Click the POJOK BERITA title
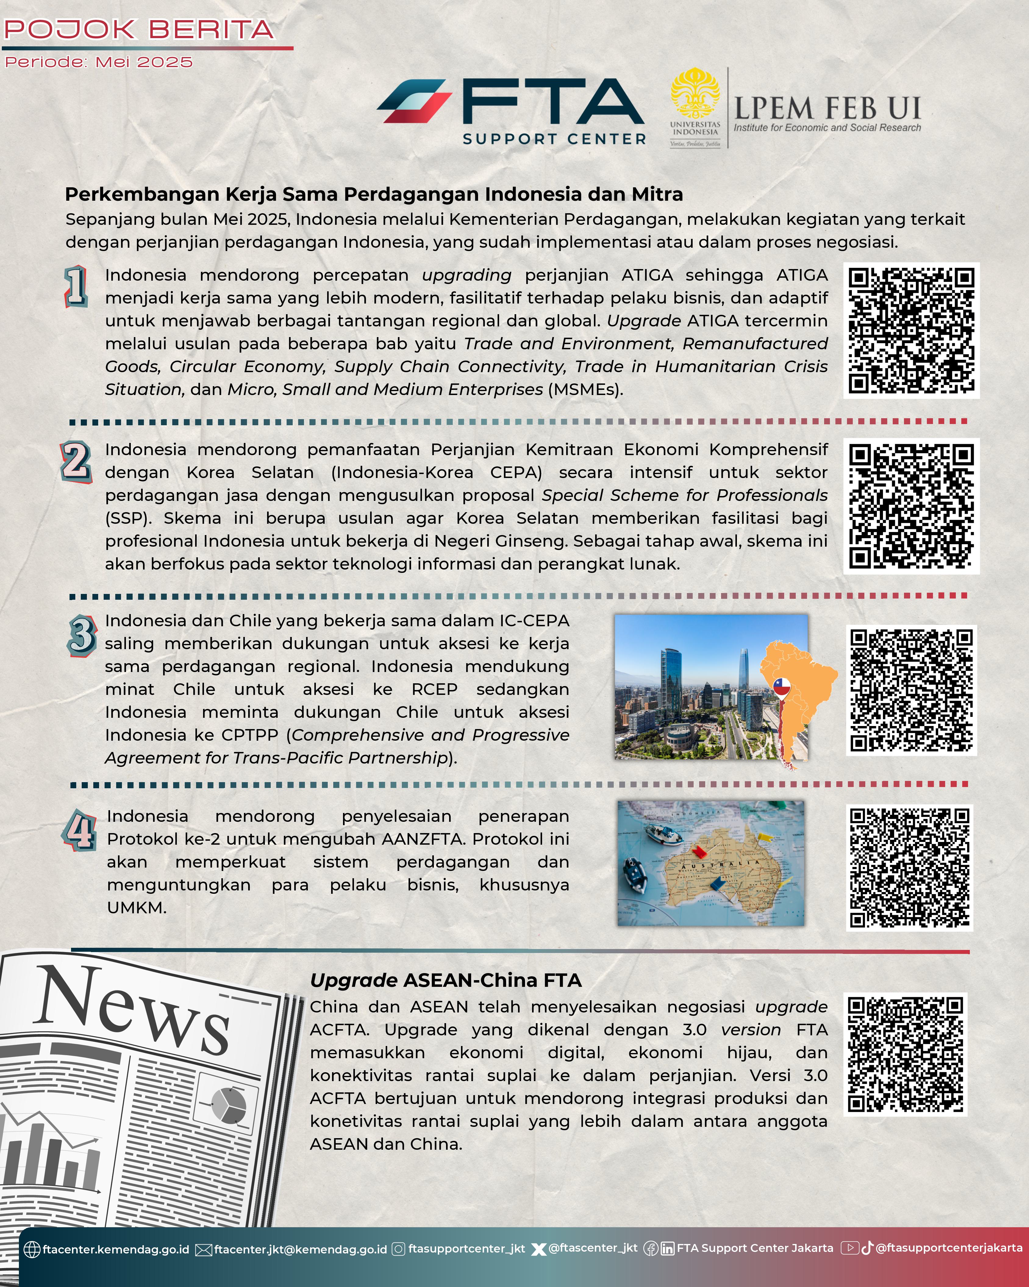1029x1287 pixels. [x=138, y=29]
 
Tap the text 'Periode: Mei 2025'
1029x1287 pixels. [x=98, y=62]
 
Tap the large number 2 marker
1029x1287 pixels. [x=76, y=462]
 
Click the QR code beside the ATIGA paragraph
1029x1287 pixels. [x=911, y=330]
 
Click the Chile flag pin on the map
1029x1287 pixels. [x=781, y=688]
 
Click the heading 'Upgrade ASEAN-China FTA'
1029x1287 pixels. [x=446, y=980]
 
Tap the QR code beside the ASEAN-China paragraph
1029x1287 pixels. [x=905, y=1054]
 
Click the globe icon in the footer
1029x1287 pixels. [x=32, y=1249]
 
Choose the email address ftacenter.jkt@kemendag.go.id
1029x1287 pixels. [x=301, y=1249]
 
